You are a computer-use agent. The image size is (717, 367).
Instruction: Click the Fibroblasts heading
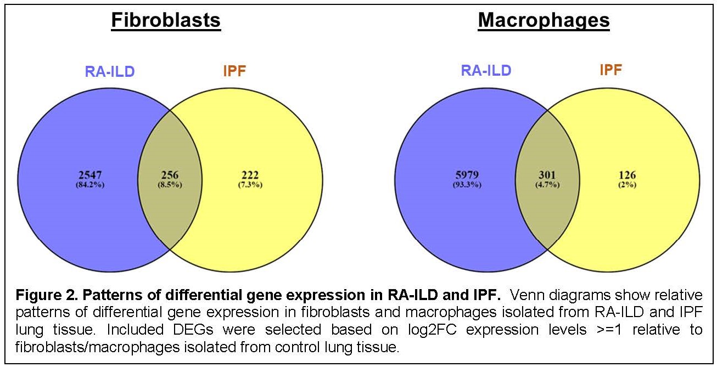coord(166,20)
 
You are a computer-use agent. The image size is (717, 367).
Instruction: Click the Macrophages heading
coord(544,20)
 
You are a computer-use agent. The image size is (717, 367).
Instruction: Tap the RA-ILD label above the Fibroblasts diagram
coord(109,71)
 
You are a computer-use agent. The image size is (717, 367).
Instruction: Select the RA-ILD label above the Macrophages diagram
coord(486,70)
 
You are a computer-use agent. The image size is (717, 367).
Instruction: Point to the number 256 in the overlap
coord(169,175)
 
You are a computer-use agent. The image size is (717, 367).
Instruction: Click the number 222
coord(250,175)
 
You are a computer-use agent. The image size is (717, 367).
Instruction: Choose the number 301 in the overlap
coord(547,175)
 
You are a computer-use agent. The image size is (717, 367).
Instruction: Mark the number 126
coord(627,175)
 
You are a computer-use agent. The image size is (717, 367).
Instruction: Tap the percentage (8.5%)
coord(169,184)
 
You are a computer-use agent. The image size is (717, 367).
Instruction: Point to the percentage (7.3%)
coord(250,184)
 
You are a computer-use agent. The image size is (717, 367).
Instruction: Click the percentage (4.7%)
coord(547,184)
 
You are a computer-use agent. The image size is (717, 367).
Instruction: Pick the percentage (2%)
coord(627,184)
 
